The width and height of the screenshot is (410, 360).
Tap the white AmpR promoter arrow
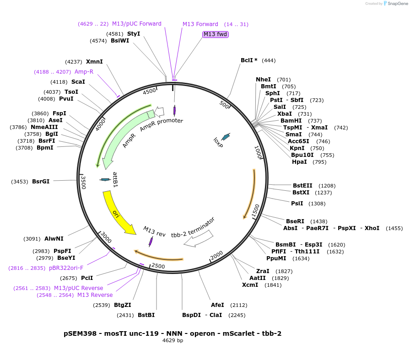[160, 111]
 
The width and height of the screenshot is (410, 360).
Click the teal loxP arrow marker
[226, 136]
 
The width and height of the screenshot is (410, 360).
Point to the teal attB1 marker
[105, 179]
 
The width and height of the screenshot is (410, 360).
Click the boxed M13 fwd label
[215, 34]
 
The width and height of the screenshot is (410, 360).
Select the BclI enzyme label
[249, 60]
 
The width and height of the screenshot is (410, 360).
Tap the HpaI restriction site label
[299, 162]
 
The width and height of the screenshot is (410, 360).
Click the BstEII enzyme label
[302, 186]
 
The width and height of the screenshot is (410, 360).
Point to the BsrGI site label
[41, 182]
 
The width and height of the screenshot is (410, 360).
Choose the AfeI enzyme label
[217, 305]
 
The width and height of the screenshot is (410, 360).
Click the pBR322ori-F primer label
[66, 268]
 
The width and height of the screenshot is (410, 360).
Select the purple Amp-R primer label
[84, 72]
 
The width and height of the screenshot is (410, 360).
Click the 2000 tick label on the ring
[216, 255]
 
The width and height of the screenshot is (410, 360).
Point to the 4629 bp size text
[173, 340]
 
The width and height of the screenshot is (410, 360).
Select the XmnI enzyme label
[94, 62]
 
